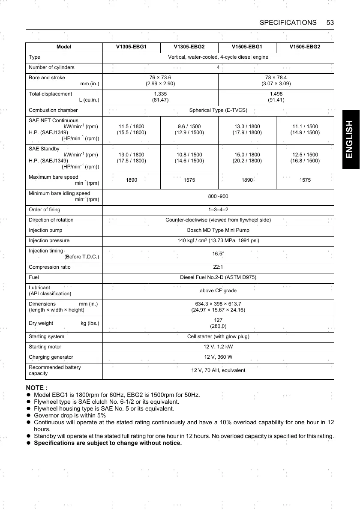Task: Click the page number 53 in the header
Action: [330, 22]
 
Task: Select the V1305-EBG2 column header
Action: [189, 47]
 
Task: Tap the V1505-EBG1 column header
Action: [247, 47]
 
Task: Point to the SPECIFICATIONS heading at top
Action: [288, 22]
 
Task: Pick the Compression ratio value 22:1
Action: [218, 267]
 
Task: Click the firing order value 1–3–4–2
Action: [218, 210]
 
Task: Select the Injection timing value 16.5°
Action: [218, 254]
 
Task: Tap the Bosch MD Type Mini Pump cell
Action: [218, 230]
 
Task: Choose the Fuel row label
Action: [34, 277]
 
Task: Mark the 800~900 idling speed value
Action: [218, 197]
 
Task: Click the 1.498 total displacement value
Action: [276, 94]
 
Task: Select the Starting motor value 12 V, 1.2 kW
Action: [218, 347]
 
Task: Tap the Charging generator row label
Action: [51, 357]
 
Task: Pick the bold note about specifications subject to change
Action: [108, 443]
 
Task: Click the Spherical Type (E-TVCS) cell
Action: [218, 110]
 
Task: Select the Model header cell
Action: [64, 47]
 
